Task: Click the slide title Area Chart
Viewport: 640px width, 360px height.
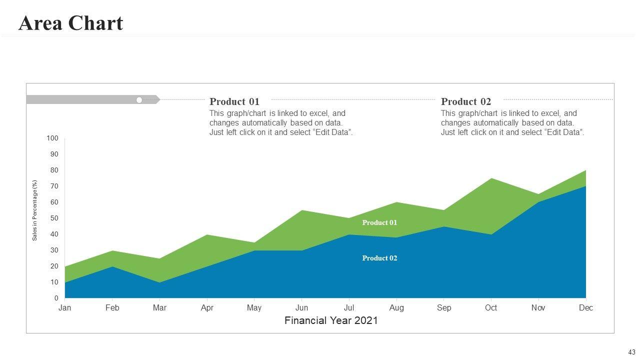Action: tap(70, 23)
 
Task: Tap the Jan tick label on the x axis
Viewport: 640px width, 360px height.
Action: tap(64, 308)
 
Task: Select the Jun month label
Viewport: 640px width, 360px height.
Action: tap(301, 308)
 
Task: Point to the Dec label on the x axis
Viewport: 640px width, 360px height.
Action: tap(585, 308)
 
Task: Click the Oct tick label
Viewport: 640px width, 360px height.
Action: tap(491, 308)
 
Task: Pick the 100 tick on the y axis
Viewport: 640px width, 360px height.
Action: tap(52, 138)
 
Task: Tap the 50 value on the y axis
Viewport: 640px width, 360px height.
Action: tap(54, 218)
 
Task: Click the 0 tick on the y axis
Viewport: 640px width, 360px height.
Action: tap(56, 298)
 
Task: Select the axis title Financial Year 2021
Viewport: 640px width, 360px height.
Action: tap(331, 321)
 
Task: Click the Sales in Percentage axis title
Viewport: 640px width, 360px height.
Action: tap(35, 210)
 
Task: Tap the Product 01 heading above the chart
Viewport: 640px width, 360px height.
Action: tap(234, 101)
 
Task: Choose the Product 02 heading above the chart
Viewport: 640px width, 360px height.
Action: tap(466, 101)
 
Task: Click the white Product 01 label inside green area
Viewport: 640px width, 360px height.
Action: tap(379, 222)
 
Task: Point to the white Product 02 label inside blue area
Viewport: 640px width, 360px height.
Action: tap(379, 258)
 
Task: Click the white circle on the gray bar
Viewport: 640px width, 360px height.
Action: tap(139, 100)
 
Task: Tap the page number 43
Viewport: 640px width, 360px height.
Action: tap(632, 352)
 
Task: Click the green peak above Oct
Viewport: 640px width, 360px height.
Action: tap(491, 179)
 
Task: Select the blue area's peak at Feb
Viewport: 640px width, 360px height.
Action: tap(112, 268)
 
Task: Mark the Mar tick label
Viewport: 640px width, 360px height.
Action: tap(159, 308)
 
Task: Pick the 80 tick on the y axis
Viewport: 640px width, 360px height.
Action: tap(54, 170)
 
